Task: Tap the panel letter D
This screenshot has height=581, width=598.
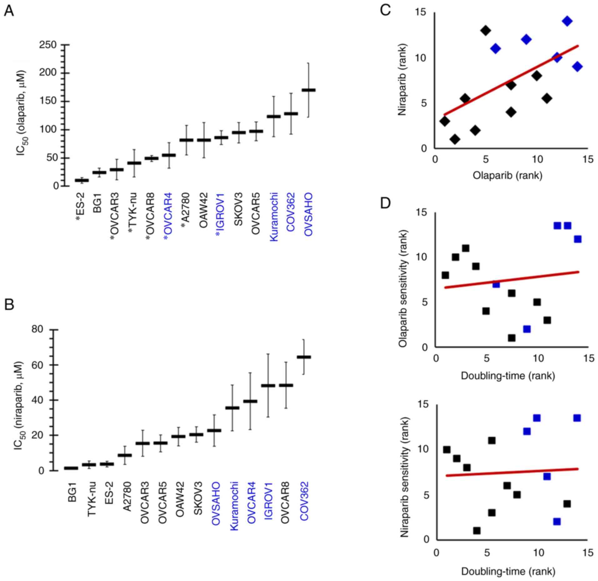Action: coord(385,203)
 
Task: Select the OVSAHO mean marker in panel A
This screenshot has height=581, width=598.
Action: coord(308,90)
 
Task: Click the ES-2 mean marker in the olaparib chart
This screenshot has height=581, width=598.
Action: coord(82,180)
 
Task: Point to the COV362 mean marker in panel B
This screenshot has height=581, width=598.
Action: coord(304,357)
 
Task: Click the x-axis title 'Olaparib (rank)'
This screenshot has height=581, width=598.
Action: coord(507,176)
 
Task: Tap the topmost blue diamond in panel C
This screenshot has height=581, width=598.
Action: coord(567,21)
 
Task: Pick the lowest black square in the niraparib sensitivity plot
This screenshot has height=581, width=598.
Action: coord(477,531)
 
